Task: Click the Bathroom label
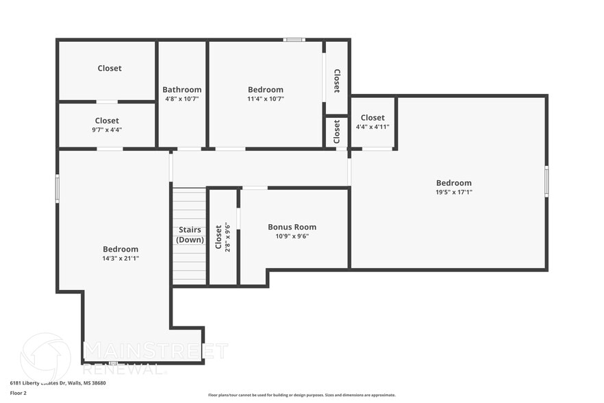[181, 90]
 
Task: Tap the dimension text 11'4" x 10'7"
[265, 99]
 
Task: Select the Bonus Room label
[292, 227]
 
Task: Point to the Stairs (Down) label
[190, 234]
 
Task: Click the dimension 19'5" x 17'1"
[454, 192]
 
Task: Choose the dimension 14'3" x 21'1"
[121, 258]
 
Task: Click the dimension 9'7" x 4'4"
[107, 130]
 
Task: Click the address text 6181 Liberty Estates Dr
[58, 383]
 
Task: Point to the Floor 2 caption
[18, 393]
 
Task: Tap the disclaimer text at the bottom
[301, 395]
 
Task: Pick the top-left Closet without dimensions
[110, 68]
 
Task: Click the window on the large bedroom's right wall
[546, 182]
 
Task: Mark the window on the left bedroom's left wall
[58, 188]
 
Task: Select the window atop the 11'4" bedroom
[294, 40]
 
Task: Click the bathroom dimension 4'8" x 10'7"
[181, 99]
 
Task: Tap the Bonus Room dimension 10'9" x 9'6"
[292, 236]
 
